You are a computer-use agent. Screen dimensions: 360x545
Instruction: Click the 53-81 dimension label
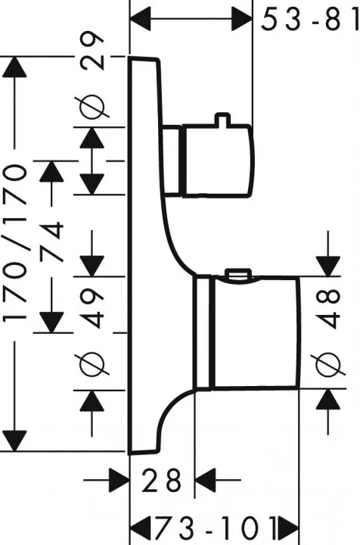310,20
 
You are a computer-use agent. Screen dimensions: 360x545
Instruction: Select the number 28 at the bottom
162,481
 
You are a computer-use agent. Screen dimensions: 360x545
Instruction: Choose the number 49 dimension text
92,309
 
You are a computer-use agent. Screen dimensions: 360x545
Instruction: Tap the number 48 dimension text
328,308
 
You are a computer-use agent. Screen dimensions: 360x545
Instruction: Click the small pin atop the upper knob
222,119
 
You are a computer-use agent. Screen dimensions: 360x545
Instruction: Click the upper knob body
218,160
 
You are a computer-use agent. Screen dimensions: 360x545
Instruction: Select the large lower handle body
256,332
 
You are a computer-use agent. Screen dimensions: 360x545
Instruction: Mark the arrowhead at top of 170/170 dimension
14,67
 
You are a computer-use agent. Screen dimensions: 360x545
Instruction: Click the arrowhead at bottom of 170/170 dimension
14,441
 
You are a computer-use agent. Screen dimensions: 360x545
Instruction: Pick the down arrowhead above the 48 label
328,266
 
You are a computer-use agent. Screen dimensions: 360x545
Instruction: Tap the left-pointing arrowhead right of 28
205,481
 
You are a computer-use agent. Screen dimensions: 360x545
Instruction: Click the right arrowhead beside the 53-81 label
241,19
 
